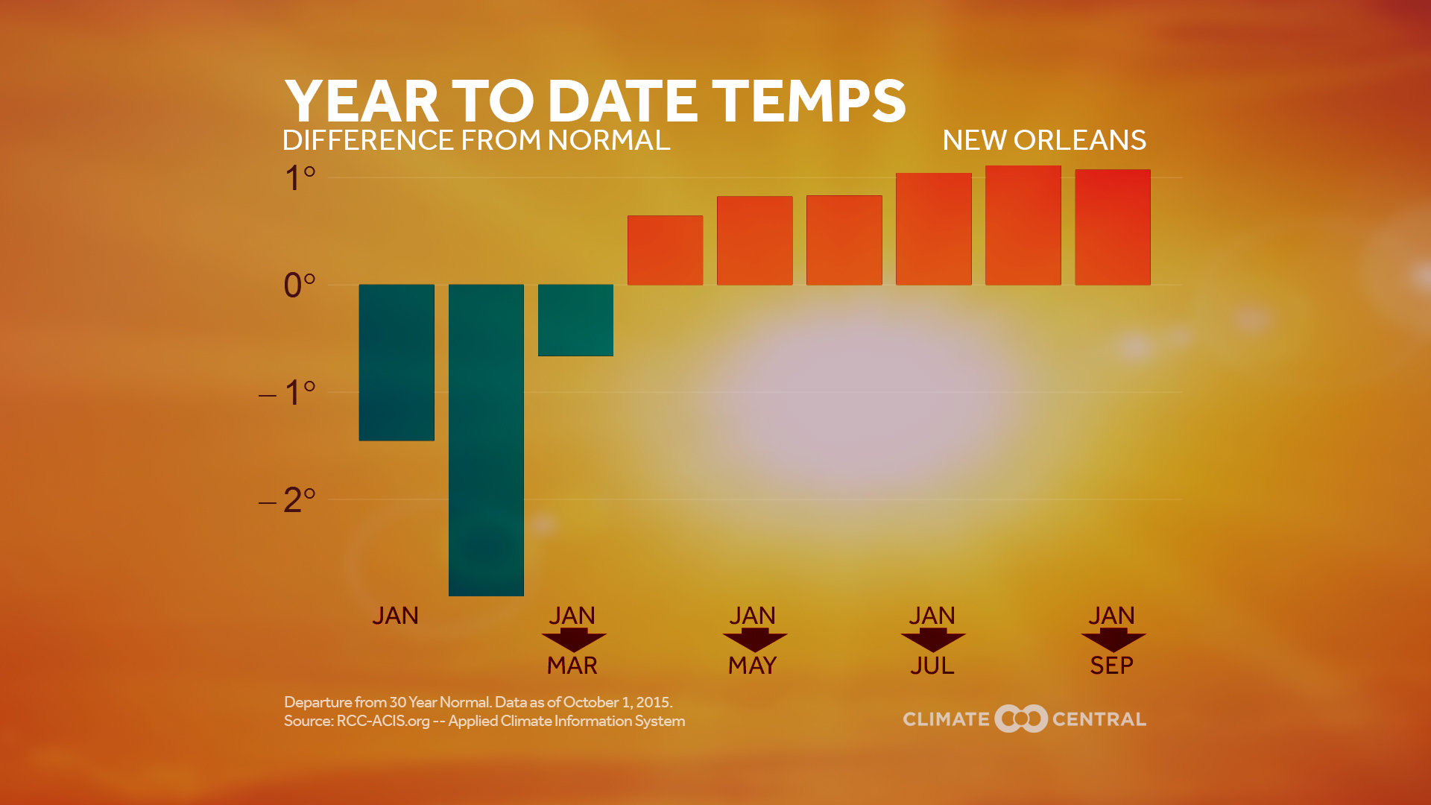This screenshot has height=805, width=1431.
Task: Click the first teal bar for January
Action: [397, 362]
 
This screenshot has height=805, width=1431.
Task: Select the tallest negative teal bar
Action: [486, 440]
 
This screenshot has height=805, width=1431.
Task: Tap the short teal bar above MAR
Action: [575, 320]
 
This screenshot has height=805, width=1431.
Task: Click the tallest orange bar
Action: [1023, 225]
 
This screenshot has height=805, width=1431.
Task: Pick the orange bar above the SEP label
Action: [1112, 227]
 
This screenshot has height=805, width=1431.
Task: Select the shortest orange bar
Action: [665, 250]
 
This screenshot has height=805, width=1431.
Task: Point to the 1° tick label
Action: [300, 179]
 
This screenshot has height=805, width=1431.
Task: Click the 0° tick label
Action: [300, 285]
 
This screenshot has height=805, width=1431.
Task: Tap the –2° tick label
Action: [288, 500]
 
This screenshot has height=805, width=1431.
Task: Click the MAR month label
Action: [572, 666]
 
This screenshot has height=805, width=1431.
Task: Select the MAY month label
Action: [753, 666]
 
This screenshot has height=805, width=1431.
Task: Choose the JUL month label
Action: [932, 666]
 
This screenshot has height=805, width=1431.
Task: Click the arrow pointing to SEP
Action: [1113, 640]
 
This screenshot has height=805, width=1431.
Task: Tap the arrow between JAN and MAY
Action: [754, 640]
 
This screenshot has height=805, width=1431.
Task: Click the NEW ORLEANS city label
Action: [1043, 140]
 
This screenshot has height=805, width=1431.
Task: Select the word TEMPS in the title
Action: [809, 101]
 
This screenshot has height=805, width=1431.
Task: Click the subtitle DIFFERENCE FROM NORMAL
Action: [476, 140]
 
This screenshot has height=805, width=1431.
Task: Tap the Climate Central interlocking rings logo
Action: [1021, 719]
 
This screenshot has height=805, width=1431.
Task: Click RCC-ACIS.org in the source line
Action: [383, 722]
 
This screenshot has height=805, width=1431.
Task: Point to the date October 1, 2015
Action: [617, 702]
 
